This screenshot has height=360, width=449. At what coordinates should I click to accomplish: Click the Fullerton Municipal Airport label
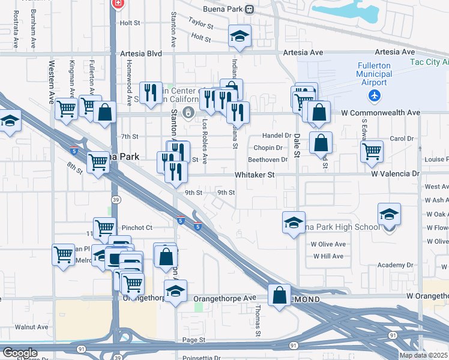point(373,74)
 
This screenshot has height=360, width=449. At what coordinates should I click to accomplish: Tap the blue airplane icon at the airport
point(375,95)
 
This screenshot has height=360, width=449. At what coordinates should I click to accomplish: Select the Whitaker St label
point(254,175)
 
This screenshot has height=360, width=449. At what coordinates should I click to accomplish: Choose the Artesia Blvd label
point(141,53)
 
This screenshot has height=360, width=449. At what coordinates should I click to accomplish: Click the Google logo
point(19,352)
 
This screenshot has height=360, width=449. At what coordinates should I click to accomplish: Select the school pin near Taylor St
point(240,37)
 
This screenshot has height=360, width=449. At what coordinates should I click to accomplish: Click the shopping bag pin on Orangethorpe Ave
point(280,295)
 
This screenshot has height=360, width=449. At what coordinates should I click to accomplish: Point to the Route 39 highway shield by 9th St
point(113,198)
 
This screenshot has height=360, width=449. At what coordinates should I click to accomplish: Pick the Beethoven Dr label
point(268,160)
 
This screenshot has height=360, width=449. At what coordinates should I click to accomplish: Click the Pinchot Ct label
point(137,228)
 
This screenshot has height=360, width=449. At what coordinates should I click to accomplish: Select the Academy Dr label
point(396,265)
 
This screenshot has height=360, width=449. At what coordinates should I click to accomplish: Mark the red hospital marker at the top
point(118,4)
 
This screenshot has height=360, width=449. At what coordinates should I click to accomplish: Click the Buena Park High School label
point(343,227)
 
